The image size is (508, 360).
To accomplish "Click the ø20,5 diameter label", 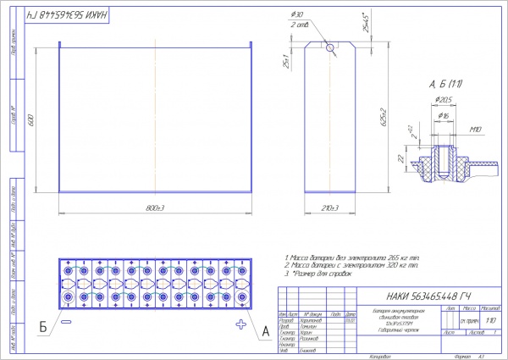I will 441,100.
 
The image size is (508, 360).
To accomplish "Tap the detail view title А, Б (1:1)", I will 444,83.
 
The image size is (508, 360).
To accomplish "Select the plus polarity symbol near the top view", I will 241,324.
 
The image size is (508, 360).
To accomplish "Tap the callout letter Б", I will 41,327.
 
